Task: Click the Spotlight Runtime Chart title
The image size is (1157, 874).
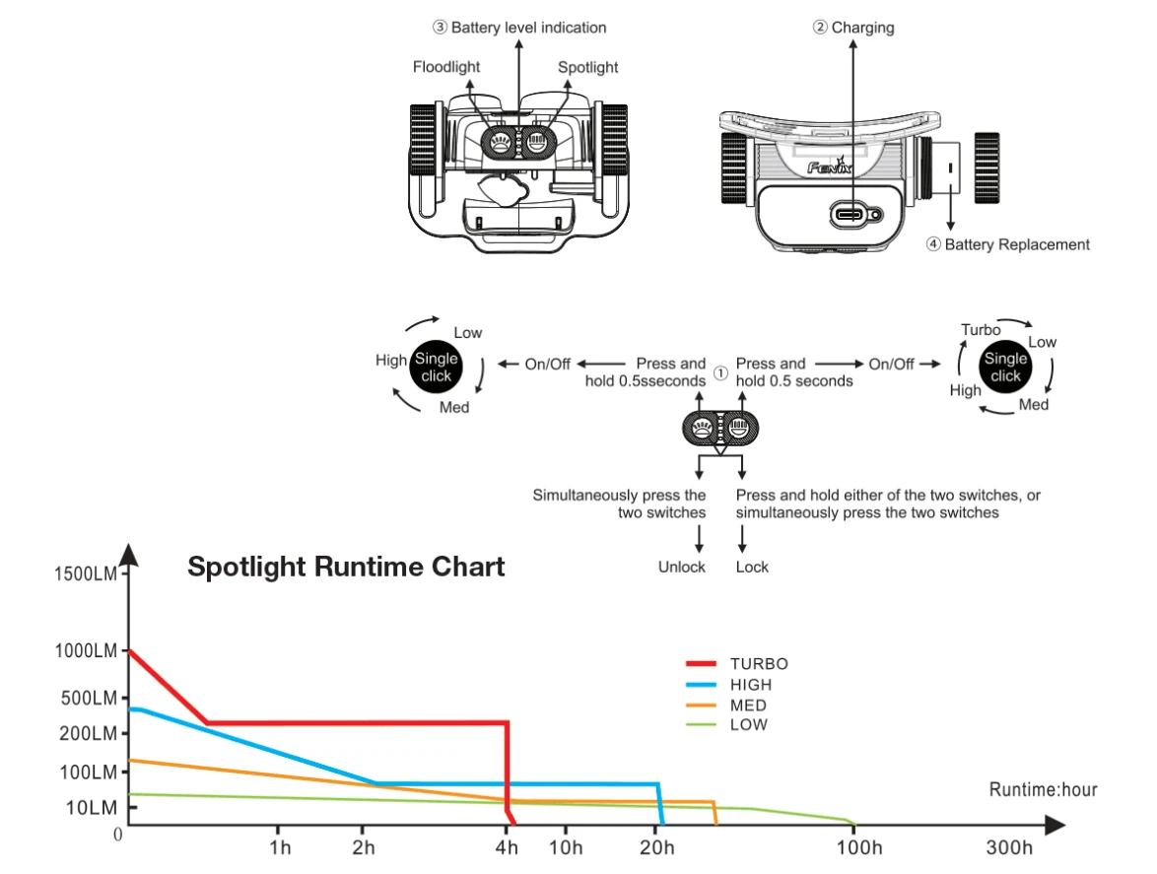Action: click(346, 567)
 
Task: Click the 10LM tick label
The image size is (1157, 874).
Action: click(92, 808)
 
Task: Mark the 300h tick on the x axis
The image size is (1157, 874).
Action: click(1010, 847)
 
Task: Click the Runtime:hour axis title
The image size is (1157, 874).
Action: click(1043, 789)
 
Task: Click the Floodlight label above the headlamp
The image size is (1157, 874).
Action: click(446, 67)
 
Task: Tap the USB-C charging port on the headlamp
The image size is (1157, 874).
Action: click(851, 214)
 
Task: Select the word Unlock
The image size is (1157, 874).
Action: click(682, 567)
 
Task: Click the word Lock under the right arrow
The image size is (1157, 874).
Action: click(752, 567)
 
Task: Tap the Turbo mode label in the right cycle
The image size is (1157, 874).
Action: click(981, 330)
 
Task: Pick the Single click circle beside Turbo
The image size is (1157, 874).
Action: click(1005, 367)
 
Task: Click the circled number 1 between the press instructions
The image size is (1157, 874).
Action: click(720, 373)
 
